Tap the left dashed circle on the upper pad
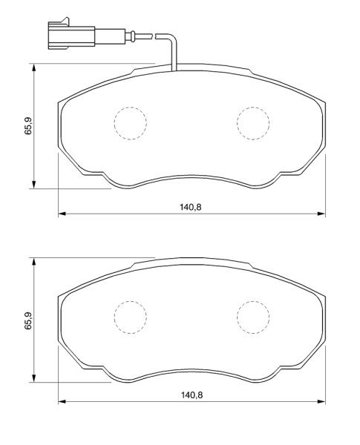[x=131, y=123]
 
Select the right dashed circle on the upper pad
[x=253, y=123]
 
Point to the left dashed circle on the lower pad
[x=131, y=317]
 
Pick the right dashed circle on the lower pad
[x=253, y=317]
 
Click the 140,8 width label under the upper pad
[x=190, y=207]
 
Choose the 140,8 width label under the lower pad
[x=192, y=395]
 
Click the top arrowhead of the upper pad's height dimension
[x=34, y=67]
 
